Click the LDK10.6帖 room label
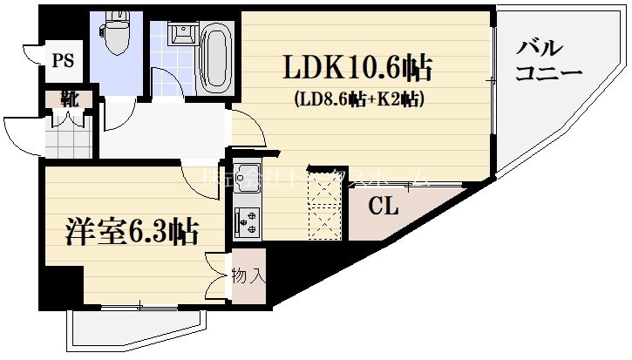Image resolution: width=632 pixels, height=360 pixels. click(357, 67)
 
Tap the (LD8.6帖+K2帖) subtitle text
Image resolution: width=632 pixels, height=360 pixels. click(358, 98)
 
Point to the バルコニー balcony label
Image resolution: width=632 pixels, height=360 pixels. click(547, 60)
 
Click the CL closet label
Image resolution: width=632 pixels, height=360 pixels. click(383, 207)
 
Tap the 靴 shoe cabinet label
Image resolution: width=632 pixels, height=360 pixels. click(68, 98)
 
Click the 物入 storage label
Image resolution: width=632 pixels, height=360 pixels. click(248, 276)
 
